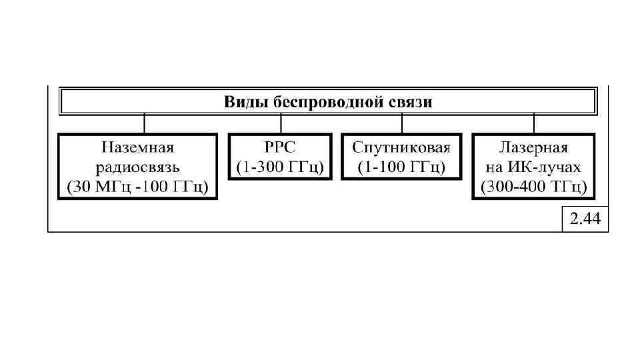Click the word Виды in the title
pyautogui.click(x=243, y=102)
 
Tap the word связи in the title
pyautogui.click(x=409, y=102)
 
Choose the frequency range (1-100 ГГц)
pyautogui.click(x=401, y=167)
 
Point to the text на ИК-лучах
pyautogui.click(x=533, y=167)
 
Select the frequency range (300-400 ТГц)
pyautogui.click(x=533, y=187)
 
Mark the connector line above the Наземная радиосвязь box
pyautogui.click(x=145, y=123)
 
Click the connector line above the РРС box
pyautogui.click(x=281, y=123)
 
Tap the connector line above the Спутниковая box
pyautogui.click(x=401, y=123)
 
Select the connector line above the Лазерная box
pyautogui.click(x=533, y=123)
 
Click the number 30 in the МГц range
pyautogui.click(x=82, y=187)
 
